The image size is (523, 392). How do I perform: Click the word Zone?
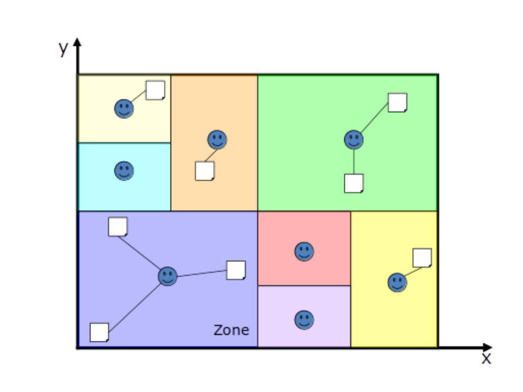[x=231, y=330]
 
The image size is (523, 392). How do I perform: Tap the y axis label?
[x=64, y=49]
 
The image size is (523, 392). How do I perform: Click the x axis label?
[x=486, y=357]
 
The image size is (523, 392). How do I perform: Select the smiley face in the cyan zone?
[x=124, y=171]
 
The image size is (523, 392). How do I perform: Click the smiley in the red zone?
[x=304, y=252]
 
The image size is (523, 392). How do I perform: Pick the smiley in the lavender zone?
[x=304, y=320]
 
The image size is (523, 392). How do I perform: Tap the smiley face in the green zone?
[x=354, y=140]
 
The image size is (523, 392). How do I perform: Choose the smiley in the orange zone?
[x=217, y=140]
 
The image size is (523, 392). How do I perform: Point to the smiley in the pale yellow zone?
[x=124, y=108]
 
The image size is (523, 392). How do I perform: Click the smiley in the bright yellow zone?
[x=398, y=283]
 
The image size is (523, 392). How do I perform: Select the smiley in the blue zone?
[x=167, y=277]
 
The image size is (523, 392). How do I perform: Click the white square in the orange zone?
[x=204, y=171]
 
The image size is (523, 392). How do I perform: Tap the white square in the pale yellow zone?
[x=155, y=90]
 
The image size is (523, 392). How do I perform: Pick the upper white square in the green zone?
[x=397, y=102]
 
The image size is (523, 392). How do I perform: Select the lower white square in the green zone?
[x=354, y=183]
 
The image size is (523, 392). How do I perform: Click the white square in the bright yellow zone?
[x=422, y=258]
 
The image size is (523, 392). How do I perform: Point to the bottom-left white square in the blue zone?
[x=99, y=332]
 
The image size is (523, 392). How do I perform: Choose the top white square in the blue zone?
[x=118, y=226]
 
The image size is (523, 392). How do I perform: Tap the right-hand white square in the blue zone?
[x=236, y=270]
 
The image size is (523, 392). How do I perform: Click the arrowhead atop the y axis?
[x=77, y=42]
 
